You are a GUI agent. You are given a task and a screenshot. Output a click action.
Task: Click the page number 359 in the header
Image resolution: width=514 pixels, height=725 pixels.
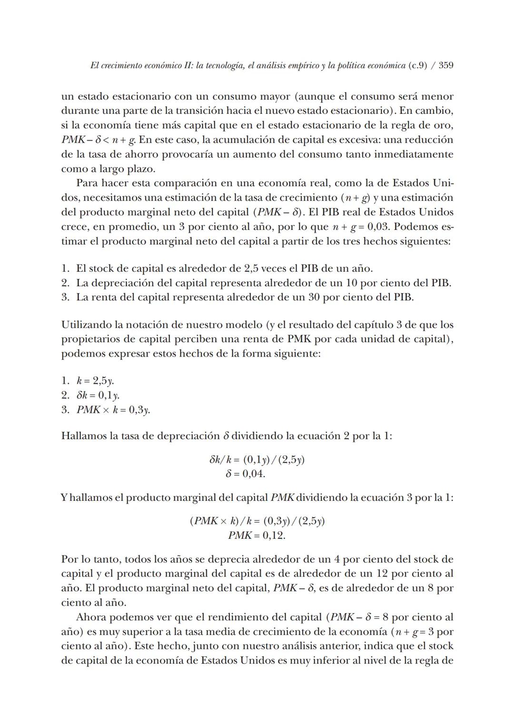coord(445,66)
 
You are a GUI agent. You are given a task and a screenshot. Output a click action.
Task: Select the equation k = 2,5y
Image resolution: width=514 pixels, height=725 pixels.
coord(95,381)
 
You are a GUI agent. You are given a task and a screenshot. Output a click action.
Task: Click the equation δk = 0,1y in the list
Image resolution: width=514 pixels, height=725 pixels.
coord(98,395)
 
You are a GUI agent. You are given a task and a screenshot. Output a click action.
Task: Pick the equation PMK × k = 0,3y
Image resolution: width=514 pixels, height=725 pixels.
coord(113,410)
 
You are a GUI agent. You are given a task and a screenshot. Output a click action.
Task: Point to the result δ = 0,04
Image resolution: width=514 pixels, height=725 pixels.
coord(245,474)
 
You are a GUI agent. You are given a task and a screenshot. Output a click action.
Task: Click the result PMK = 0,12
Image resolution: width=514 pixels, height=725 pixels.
coord(257,536)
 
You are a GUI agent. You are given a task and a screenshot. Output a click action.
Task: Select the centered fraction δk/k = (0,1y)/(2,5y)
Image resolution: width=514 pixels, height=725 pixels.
coord(257,460)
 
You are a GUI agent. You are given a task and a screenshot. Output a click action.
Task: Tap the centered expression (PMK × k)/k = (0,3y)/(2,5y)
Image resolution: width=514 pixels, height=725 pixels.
coord(257,521)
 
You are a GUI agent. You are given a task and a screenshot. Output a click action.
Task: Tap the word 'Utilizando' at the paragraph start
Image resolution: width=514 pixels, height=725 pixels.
coord(86,325)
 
